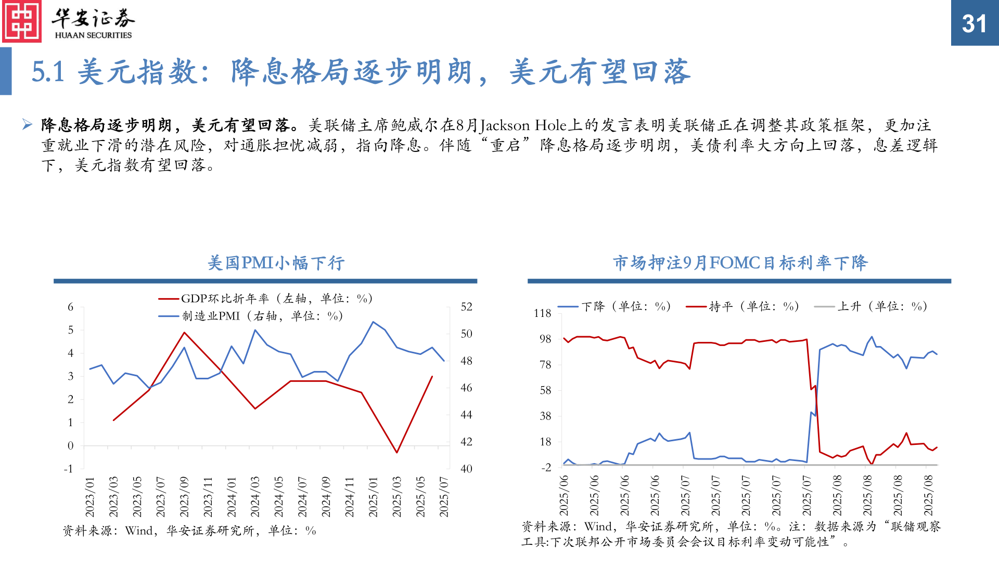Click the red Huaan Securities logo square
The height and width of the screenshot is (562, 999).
(x=22, y=21)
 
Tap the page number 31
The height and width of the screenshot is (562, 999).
(x=974, y=23)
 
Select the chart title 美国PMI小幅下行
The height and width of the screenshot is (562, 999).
(x=276, y=263)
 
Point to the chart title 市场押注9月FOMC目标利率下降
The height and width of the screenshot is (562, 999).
(x=740, y=263)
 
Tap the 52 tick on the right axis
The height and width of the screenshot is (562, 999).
(x=466, y=307)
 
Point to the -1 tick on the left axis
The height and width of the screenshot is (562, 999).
(x=69, y=469)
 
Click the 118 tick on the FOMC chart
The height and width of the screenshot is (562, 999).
(x=542, y=313)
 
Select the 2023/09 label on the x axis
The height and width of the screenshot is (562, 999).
(x=184, y=496)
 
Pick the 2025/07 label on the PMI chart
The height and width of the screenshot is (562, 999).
(x=444, y=496)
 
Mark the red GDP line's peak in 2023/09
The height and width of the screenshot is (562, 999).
(x=184, y=333)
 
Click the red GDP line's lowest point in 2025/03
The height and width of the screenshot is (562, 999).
(x=396, y=452)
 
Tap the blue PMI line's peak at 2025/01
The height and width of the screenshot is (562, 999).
(x=373, y=322)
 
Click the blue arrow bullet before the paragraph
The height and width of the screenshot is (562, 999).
(x=28, y=124)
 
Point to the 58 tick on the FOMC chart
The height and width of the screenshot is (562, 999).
(x=545, y=390)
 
